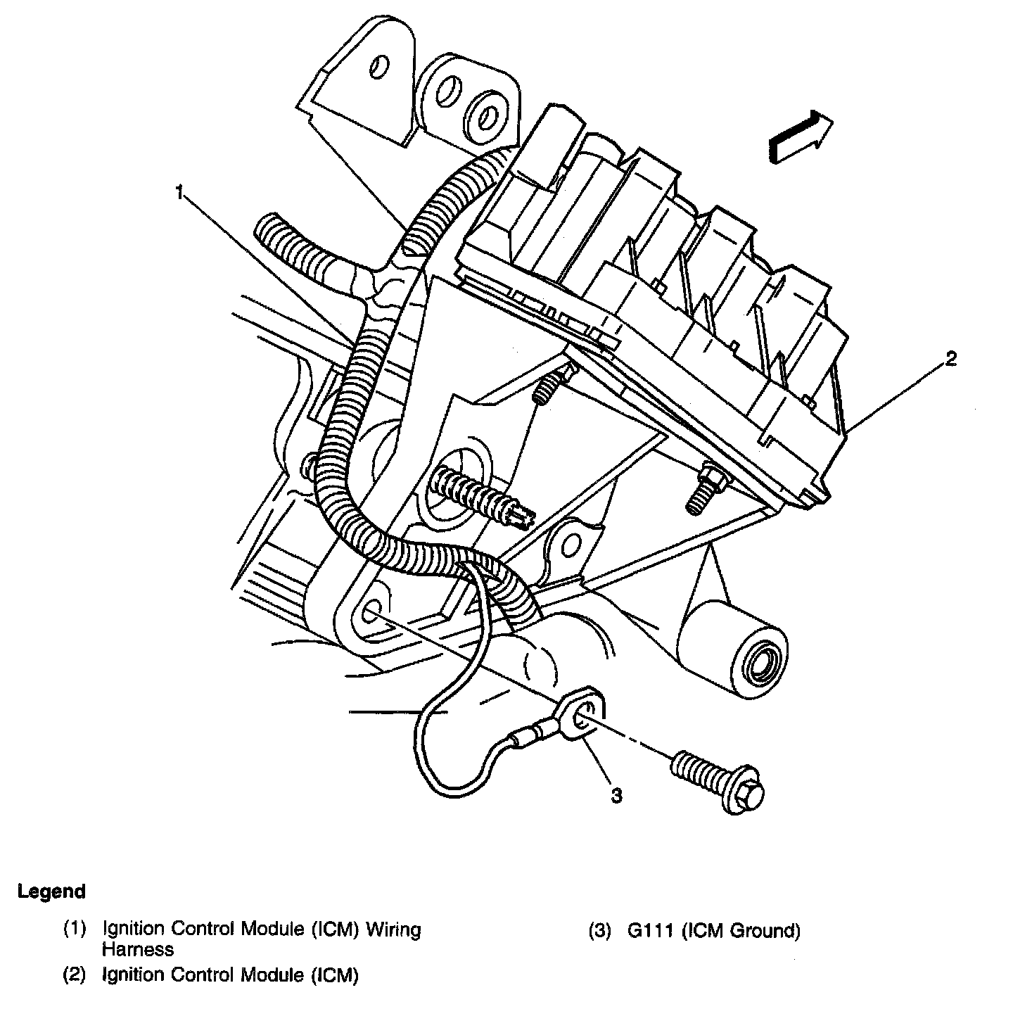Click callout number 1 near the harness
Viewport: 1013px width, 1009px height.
coord(181,192)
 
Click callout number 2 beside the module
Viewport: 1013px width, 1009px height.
coord(950,360)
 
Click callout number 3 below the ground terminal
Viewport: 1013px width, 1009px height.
coord(616,795)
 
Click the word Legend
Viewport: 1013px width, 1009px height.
coord(52,891)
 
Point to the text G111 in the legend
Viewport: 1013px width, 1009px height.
coord(651,931)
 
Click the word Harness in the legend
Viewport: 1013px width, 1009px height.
coord(138,949)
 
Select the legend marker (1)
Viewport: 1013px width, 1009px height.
coord(75,929)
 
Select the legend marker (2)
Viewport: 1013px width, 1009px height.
coord(75,975)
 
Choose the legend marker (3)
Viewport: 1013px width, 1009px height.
coord(600,931)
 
